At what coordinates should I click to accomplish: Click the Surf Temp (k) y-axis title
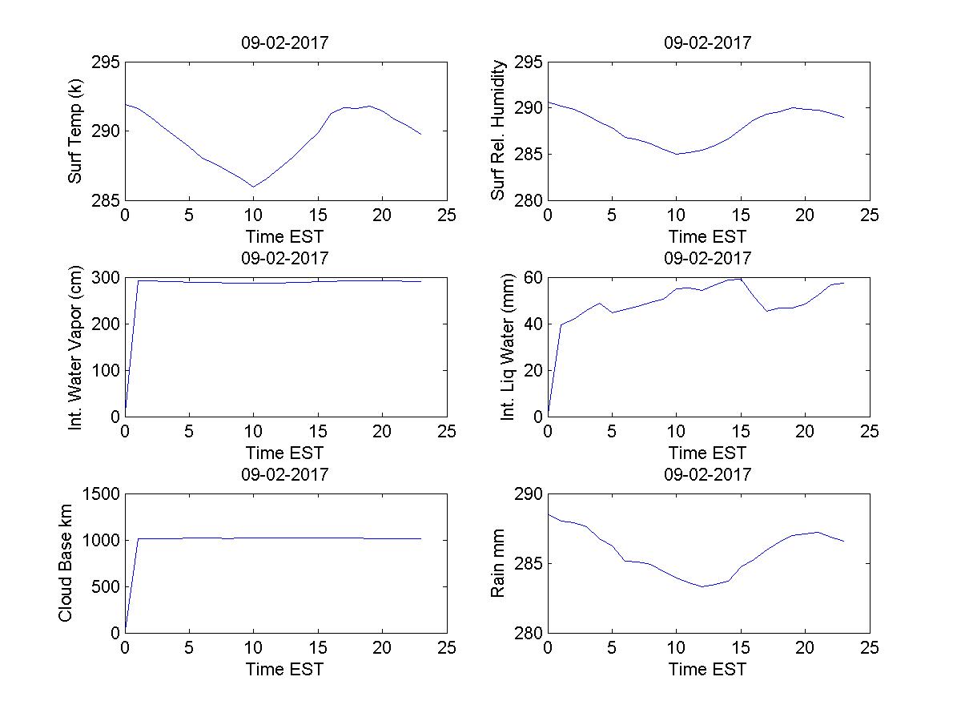pos(75,131)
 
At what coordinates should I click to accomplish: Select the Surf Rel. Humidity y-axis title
pos(498,131)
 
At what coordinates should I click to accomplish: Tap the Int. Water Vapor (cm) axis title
pos(75,347)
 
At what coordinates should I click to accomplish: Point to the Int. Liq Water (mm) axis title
pos(506,347)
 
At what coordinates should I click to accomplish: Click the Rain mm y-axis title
pos(498,563)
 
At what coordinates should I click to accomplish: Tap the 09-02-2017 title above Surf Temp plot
pos(285,43)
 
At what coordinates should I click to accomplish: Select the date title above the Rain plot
pos(708,474)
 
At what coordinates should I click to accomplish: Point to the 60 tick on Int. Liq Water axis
pos(532,278)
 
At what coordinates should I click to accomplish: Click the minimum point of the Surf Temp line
pos(253,187)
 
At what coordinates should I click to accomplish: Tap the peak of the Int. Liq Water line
pos(740,278)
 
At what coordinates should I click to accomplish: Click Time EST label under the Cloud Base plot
pos(285,669)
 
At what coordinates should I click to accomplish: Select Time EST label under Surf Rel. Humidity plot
pos(708,236)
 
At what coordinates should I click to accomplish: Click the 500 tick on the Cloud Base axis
pos(106,586)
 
